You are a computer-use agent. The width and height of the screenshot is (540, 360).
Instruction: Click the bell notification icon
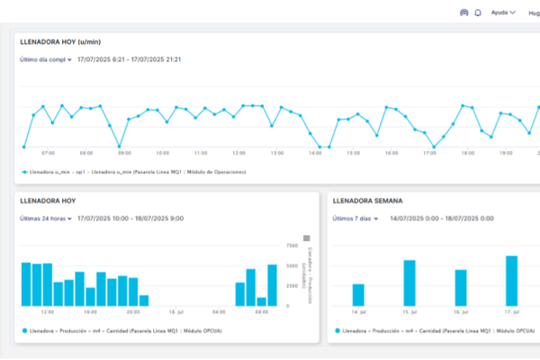(478, 13)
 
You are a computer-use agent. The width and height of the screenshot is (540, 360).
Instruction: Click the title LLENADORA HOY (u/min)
(59, 41)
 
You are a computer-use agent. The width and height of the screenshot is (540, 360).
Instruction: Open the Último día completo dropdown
(45, 59)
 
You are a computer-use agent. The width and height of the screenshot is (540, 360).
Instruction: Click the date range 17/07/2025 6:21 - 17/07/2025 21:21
(130, 59)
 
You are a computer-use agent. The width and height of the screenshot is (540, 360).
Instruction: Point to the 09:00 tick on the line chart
(124, 153)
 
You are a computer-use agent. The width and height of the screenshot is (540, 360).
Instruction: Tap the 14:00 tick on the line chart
(315, 153)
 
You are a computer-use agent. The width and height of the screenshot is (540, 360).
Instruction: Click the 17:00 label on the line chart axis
(429, 153)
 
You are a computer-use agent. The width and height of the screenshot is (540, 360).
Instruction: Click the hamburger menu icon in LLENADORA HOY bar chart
(306, 238)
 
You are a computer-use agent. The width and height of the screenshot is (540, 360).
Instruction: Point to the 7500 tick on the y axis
(292, 245)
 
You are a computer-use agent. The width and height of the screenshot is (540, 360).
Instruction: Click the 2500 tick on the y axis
(292, 286)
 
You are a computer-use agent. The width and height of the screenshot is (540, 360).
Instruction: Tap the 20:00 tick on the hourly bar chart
(133, 312)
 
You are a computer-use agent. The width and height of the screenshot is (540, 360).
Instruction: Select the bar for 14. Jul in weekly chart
(358, 294)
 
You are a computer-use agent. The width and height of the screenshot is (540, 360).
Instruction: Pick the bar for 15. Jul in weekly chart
(409, 283)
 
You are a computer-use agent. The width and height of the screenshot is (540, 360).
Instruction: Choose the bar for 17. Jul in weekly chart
(511, 281)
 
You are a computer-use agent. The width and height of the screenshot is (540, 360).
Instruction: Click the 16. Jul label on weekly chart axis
(460, 312)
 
